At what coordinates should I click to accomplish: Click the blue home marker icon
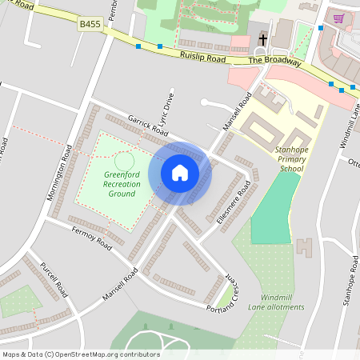(180, 172)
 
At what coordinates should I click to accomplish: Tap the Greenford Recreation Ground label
(122, 184)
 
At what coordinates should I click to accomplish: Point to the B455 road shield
(89, 26)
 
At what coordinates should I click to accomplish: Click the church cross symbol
(263, 40)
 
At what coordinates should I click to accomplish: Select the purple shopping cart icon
(339, 18)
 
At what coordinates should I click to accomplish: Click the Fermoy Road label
(90, 238)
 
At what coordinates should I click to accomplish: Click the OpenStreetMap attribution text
(81, 354)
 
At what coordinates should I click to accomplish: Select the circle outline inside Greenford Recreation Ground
(124, 161)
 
